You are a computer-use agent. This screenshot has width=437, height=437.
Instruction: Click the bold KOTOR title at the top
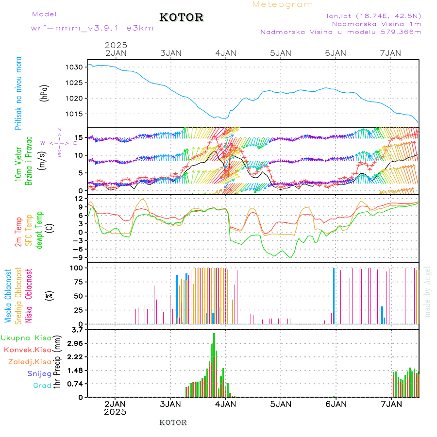pyautogui.click(x=182, y=17)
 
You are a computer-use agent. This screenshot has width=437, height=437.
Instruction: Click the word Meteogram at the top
pyautogui.click(x=283, y=4)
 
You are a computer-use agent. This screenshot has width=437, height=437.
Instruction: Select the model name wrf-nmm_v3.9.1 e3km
pyautogui.click(x=92, y=28)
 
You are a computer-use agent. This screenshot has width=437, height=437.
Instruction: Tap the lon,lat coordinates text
pyautogui.click(x=374, y=15)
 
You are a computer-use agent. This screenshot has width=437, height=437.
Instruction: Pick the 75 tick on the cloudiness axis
pyautogui.click(x=77, y=282)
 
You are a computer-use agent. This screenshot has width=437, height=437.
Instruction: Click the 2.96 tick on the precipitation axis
pyautogui.click(x=76, y=343)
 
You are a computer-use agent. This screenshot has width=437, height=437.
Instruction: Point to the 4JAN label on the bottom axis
pyautogui.click(x=225, y=403)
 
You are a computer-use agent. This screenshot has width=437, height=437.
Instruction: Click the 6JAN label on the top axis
pyautogui.click(x=336, y=53)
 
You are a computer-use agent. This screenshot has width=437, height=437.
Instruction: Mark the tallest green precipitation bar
pyautogui.click(x=214, y=364)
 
